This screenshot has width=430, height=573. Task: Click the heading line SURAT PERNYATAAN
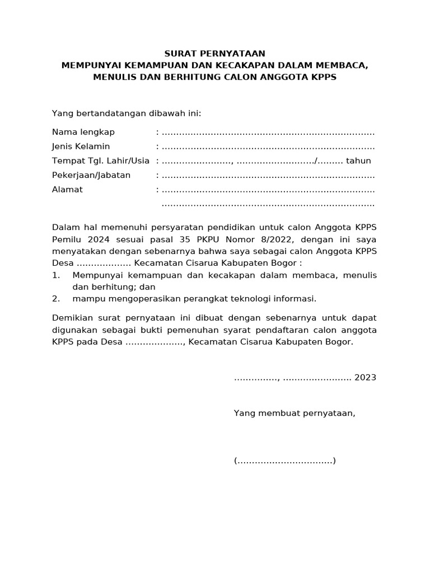click(x=214, y=54)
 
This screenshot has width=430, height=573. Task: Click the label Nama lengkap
click(x=83, y=132)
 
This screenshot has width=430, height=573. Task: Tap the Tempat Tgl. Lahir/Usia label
click(x=101, y=161)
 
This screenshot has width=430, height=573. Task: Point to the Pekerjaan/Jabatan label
click(x=91, y=175)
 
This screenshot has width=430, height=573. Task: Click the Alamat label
click(x=67, y=190)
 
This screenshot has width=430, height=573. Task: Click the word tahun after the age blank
click(x=359, y=161)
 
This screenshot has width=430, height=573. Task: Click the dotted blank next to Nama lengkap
click(x=268, y=133)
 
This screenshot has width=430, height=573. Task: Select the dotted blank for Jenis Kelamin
click(x=268, y=148)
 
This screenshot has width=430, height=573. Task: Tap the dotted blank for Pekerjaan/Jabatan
click(x=268, y=176)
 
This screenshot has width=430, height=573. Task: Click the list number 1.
click(x=55, y=275)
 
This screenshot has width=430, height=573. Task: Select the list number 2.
click(x=55, y=299)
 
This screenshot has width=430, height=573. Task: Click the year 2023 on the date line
click(x=365, y=378)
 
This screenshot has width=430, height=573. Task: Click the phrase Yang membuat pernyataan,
click(x=295, y=414)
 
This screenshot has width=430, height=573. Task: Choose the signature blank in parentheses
click(x=285, y=462)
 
